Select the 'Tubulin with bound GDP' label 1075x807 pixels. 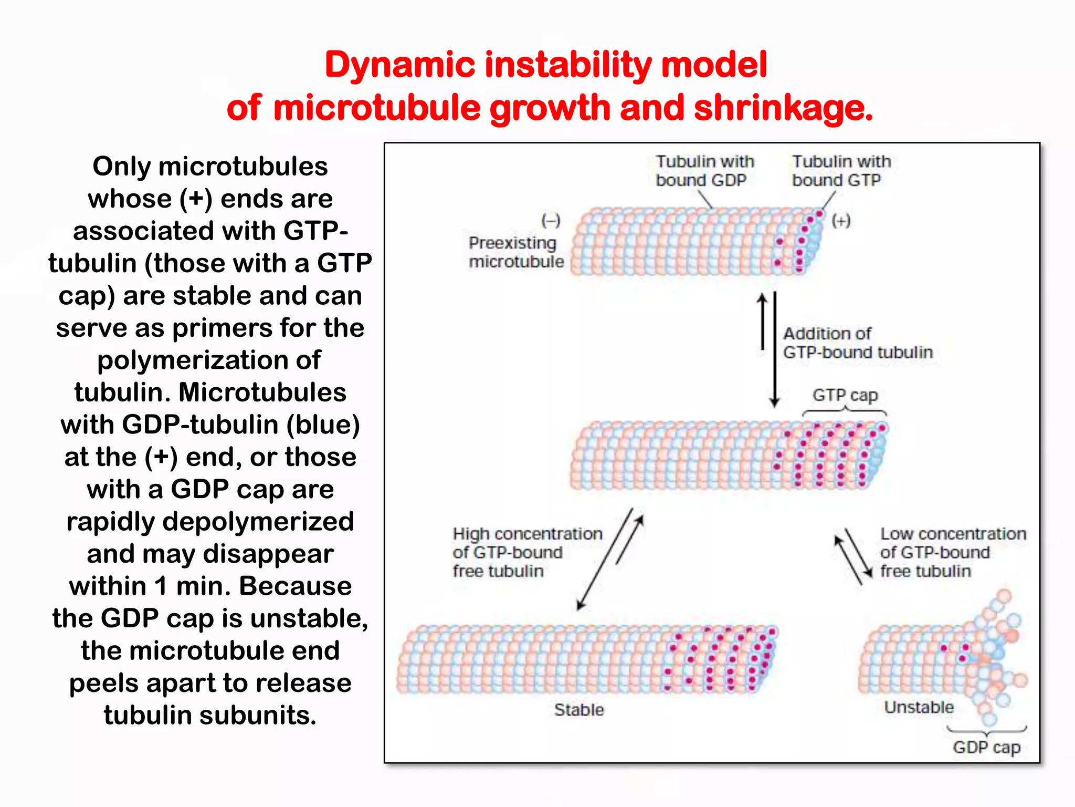[x=704, y=171]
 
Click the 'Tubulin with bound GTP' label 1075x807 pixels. [x=841, y=171]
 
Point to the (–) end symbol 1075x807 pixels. [x=551, y=220]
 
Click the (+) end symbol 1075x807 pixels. [x=841, y=221]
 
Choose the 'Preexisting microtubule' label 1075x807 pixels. [x=516, y=252]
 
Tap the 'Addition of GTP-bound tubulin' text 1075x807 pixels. [x=857, y=343]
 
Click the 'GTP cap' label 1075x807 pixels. [x=845, y=395]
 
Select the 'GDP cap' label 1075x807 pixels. [x=986, y=747]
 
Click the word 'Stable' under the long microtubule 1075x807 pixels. [x=579, y=710]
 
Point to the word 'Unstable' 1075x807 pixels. [x=919, y=707]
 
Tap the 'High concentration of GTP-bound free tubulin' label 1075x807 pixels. [x=527, y=552]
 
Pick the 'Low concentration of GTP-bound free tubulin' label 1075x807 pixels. [x=953, y=552]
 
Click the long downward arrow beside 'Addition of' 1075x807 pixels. [x=775, y=349]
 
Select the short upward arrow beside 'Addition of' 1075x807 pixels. [x=763, y=322]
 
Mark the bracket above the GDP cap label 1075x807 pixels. [x=986, y=731]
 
